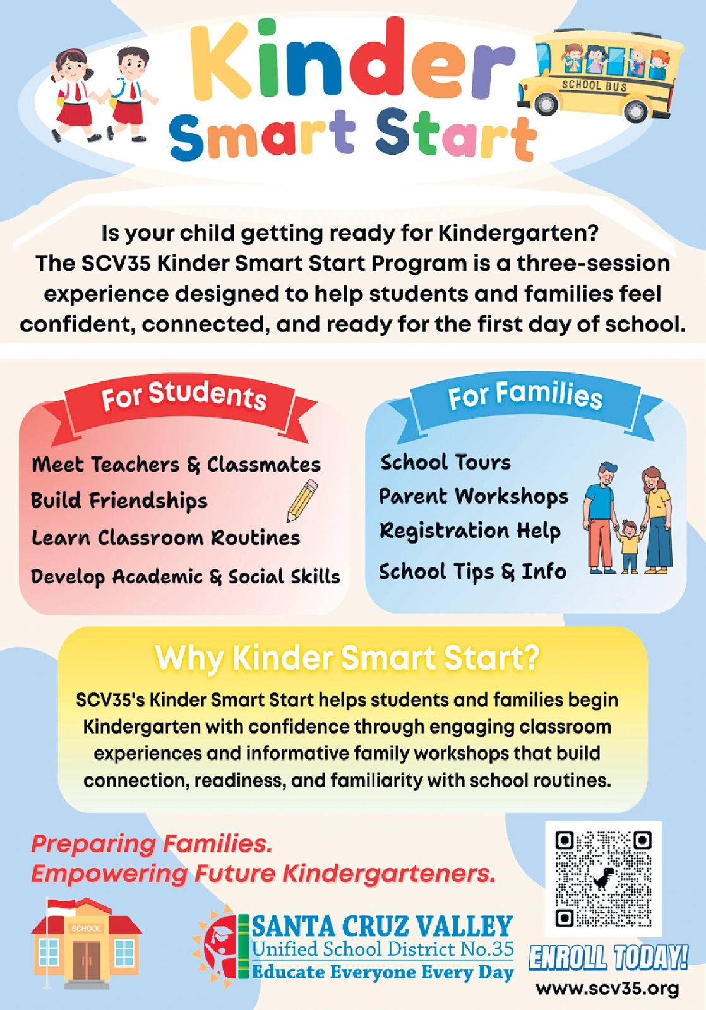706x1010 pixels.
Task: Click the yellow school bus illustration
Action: click(x=599, y=78)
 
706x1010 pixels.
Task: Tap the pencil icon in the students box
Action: click(x=302, y=501)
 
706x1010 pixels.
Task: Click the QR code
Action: click(x=602, y=878)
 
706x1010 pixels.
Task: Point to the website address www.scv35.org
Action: click(x=607, y=988)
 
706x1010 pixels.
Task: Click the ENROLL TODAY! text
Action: click(x=607, y=958)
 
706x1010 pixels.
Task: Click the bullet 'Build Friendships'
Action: click(x=119, y=501)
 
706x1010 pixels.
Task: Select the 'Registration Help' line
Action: click(x=470, y=530)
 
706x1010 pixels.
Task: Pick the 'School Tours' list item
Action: click(x=445, y=462)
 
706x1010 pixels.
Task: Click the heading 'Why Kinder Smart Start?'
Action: click(x=347, y=658)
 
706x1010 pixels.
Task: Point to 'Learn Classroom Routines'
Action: click(x=166, y=538)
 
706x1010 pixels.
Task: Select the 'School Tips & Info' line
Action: click(x=472, y=571)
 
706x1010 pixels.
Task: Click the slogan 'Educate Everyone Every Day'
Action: click(x=382, y=972)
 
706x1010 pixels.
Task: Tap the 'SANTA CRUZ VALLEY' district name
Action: click(x=382, y=927)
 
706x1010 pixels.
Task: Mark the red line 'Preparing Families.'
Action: click(x=152, y=844)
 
